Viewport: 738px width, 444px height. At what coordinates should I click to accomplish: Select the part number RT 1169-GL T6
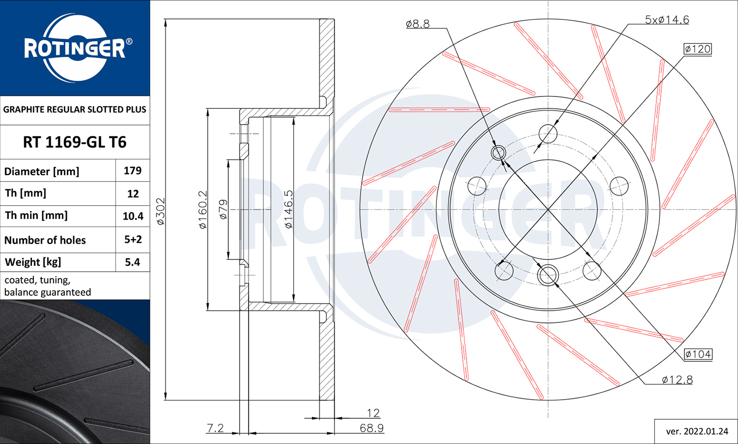tap(75, 142)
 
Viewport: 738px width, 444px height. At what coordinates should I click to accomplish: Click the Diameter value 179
tap(133, 170)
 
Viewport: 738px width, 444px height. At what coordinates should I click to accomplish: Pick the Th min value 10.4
tap(133, 216)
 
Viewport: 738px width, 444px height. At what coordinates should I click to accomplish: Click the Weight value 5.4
tap(132, 262)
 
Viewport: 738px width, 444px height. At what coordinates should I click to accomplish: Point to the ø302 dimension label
tap(160, 211)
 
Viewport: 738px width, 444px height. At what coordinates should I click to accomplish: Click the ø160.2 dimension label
tap(203, 210)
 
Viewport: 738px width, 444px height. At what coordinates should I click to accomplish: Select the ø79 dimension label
tap(223, 209)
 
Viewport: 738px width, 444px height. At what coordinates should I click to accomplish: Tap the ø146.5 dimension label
tap(288, 209)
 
